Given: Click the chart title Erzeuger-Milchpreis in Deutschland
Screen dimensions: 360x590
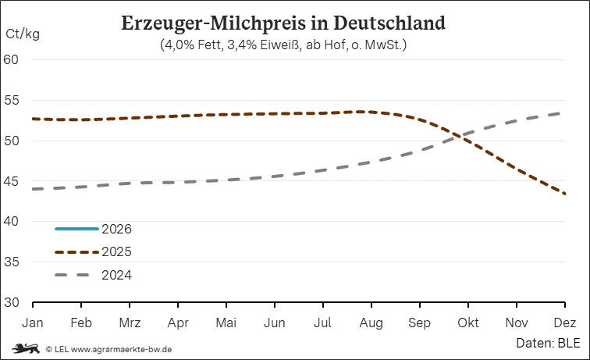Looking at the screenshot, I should (x=283, y=23).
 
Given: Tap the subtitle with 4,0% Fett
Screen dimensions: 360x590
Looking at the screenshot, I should (x=283, y=45).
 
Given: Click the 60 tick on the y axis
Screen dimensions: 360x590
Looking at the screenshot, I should (x=20, y=59).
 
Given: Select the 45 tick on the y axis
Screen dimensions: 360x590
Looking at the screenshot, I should (x=20, y=181).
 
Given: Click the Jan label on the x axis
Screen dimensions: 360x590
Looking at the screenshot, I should (x=32, y=323).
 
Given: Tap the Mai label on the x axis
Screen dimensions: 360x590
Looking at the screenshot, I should (x=226, y=323).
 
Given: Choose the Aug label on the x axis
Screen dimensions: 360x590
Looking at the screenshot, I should (x=371, y=323).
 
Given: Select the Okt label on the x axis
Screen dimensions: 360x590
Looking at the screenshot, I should (x=468, y=323).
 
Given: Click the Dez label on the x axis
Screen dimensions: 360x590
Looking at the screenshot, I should (x=565, y=323).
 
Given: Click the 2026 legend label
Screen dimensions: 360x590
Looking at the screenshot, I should (x=116, y=229).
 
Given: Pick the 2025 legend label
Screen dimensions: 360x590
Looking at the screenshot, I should (x=116, y=251).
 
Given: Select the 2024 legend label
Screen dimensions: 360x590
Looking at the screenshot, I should (x=116, y=275).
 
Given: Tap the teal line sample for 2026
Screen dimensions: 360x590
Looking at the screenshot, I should (x=76, y=229).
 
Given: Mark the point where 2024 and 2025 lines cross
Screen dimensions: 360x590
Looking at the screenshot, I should (x=461, y=136).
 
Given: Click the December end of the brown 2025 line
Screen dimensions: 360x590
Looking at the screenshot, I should (x=564, y=194).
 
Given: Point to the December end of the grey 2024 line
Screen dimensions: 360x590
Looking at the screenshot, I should (x=564, y=113).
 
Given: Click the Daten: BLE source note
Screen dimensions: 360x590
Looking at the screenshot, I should (x=546, y=343).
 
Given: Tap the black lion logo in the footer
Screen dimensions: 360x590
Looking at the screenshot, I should (x=25, y=348).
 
